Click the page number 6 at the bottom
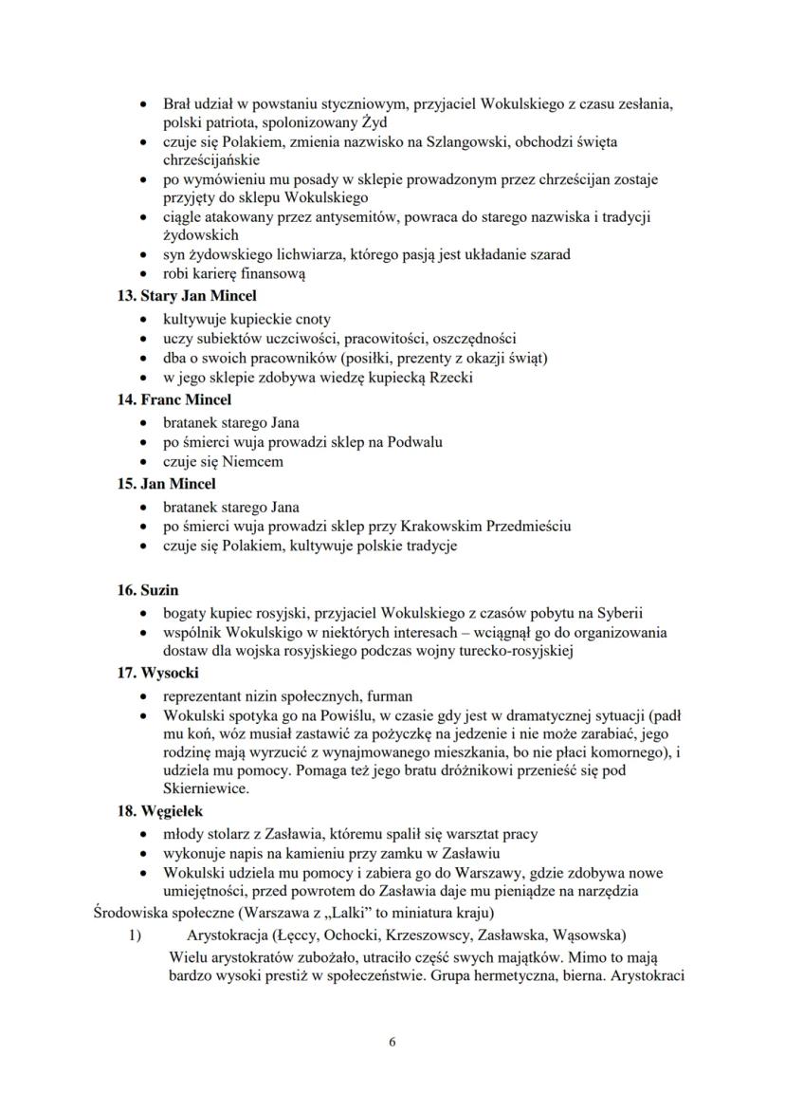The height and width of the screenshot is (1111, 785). pos(392,1041)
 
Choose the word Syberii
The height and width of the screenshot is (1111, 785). pos(621,612)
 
